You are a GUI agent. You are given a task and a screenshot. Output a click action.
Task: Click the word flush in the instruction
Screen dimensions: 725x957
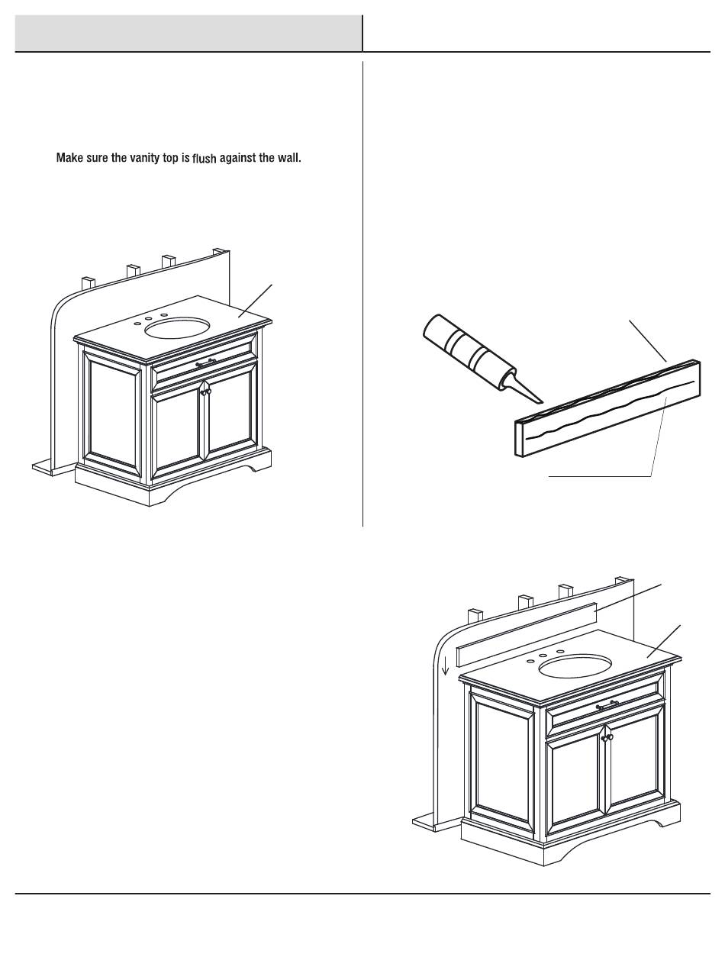coord(204,159)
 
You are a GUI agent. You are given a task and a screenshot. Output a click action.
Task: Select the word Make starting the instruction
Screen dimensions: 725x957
coord(69,159)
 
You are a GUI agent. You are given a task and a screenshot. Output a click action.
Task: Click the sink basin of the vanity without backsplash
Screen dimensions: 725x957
coord(177,328)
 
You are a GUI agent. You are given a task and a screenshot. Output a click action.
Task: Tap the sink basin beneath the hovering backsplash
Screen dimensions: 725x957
coord(575,665)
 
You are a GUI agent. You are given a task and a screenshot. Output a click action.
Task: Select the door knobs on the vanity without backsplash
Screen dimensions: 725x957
coord(205,391)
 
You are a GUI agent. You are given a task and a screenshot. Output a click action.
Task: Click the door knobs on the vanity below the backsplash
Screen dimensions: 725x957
coord(607,738)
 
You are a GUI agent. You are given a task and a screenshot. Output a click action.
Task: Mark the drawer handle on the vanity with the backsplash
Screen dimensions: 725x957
coord(607,707)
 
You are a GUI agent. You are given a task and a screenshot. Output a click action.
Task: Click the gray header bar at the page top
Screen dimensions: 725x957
coord(188,33)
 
